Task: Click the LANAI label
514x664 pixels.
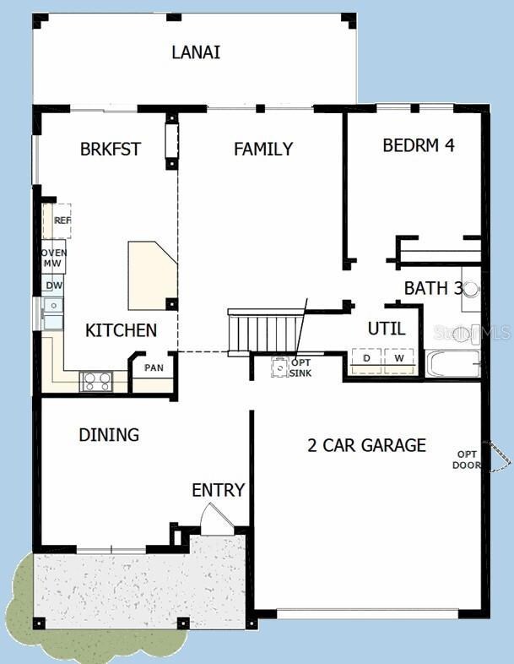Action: click(x=196, y=52)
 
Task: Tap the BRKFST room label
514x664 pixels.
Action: click(x=110, y=150)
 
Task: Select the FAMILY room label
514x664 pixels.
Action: click(x=263, y=150)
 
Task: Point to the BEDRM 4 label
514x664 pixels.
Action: click(x=419, y=144)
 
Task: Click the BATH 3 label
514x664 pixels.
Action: click(x=433, y=288)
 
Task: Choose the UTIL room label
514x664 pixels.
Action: click(x=386, y=329)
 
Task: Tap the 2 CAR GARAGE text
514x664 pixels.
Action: click(x=366, y=445)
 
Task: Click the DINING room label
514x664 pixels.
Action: click(x=109, y=435)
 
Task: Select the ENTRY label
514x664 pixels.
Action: click(x=218, y=490)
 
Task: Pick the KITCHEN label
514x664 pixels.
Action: click(x=121, y=330)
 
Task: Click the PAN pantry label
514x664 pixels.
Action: click(x=154, y=367)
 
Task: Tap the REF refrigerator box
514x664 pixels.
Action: click(x=59, y=220)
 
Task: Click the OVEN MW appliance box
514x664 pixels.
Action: click(x=54, y=257)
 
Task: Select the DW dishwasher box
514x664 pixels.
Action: click(x=54, y=286)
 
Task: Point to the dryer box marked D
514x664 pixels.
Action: click(x=366, y=359)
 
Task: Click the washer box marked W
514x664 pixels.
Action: click(x=399, y=359)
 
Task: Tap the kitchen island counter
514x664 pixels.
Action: click(x=153, y=275)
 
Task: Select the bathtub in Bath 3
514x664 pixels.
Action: click(x=453, y=363)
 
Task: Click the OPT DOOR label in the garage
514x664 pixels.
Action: click(x=467, y=459)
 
